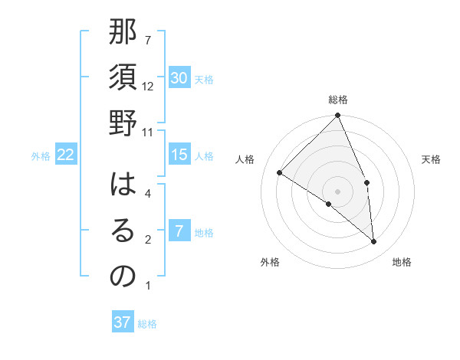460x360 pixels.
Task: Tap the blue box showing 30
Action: click(x=179, y=78)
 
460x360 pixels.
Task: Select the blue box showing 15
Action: click(x=179, y=155)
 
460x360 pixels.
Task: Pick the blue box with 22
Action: click(x=65, y=155)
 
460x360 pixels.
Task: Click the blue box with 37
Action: click(x=123, y=322)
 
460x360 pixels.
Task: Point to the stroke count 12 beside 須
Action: click(x=148, y=87)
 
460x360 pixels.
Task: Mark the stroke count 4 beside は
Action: click(x=147, y=195)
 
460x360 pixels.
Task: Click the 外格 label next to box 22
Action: click(x=41, y=156)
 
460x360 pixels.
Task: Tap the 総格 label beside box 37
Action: click(x=147, y=324)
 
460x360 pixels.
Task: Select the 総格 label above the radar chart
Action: click(x=337, y=100)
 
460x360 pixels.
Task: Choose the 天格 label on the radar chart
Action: click(x=431, y=159)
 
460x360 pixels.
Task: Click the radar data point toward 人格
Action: click(x=280, y=172)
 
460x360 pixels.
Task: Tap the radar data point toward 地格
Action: click(x=373, y=241)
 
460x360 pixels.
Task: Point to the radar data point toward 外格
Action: click(x=329, y=204)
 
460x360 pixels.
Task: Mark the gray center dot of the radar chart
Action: click(x=337, y=191)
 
